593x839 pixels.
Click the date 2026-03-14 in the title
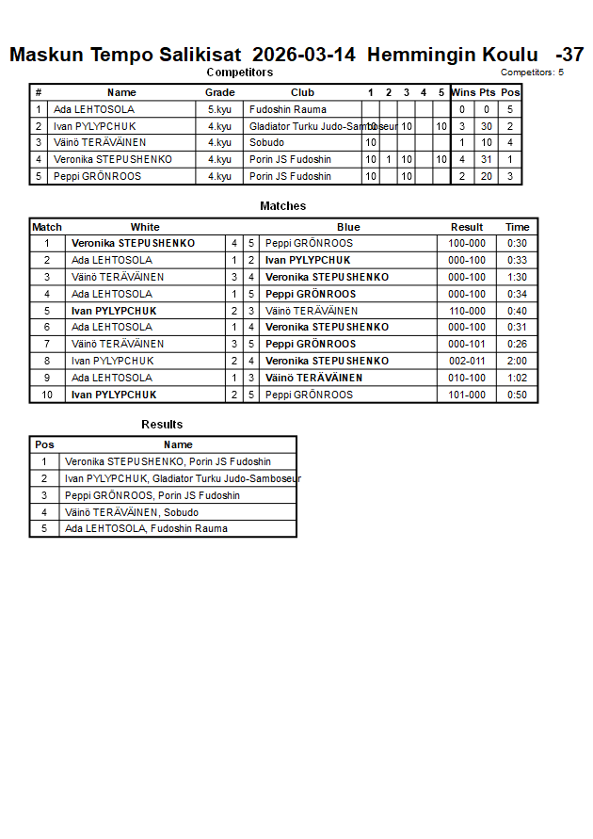click(304, 55)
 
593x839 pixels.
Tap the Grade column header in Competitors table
click(219, 92)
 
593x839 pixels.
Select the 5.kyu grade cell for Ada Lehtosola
click(219, 109)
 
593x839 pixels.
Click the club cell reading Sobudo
click(266, 142)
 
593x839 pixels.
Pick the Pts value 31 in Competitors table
click(486, 159)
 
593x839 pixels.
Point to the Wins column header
click(463, 92)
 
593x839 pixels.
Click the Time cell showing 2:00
click(517, 361)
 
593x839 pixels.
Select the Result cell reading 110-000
click(467, 311)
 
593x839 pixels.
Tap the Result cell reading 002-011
click(467, 361)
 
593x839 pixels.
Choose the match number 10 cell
click(47, 395)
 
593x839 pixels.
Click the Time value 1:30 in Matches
click(517, 277)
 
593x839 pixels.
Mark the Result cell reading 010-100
click(467, 378)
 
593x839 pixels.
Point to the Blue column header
click(348, 227)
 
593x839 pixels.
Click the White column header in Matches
click(145, 227)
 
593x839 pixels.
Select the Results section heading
click(162, 425)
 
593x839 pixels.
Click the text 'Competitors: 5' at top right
click(532, 72)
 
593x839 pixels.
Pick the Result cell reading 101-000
click(467, 395)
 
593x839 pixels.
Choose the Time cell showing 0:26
click(517, 344)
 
